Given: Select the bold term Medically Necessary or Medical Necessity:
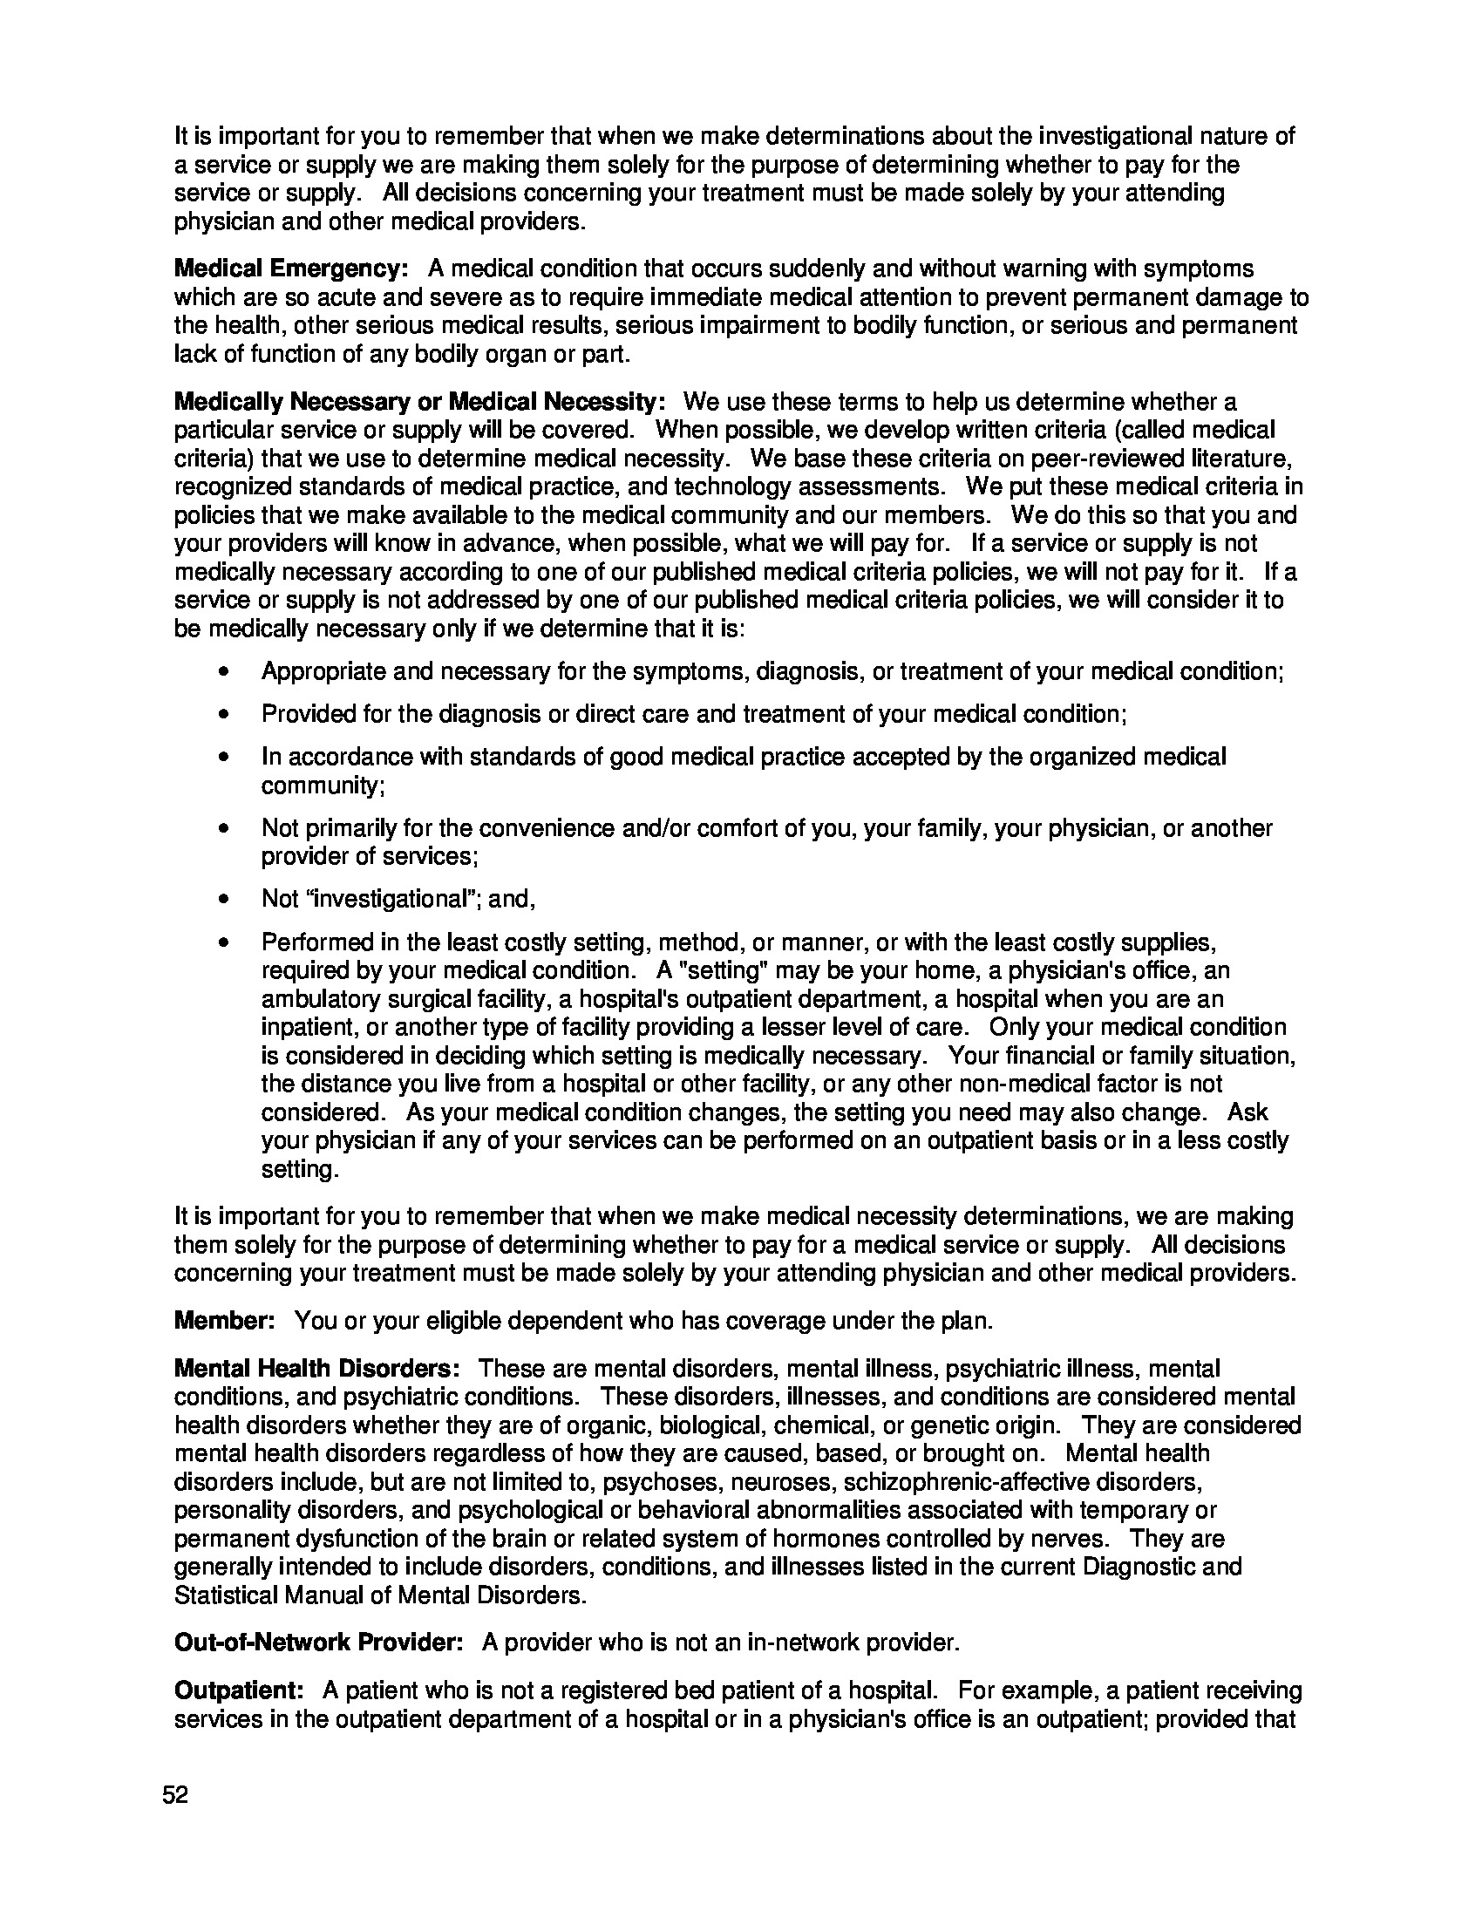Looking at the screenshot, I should [x=419, y=402].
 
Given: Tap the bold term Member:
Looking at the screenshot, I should [x=226, y=1321].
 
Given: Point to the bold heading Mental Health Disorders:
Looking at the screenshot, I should [x=317, y=1368].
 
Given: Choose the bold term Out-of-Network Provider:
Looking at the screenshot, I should [x=319, y=1643].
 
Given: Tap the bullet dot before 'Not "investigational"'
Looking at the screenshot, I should [x=225, y=900].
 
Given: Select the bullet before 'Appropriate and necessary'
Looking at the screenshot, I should [x=225, y=672].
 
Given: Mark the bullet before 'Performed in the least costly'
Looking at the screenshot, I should [x=225, y=943].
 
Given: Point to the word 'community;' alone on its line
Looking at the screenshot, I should [x=323, y=786].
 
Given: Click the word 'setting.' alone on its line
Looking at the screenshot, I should [x=299, y=1170].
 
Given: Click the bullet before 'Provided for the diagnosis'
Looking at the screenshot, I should [x=225, y=714].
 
